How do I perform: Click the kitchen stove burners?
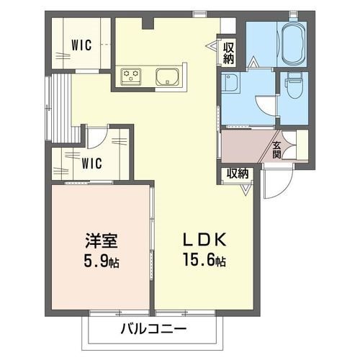pos(132,76)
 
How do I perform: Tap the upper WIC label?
pos(81,44)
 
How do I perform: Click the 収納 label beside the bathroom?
pos(229,53)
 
